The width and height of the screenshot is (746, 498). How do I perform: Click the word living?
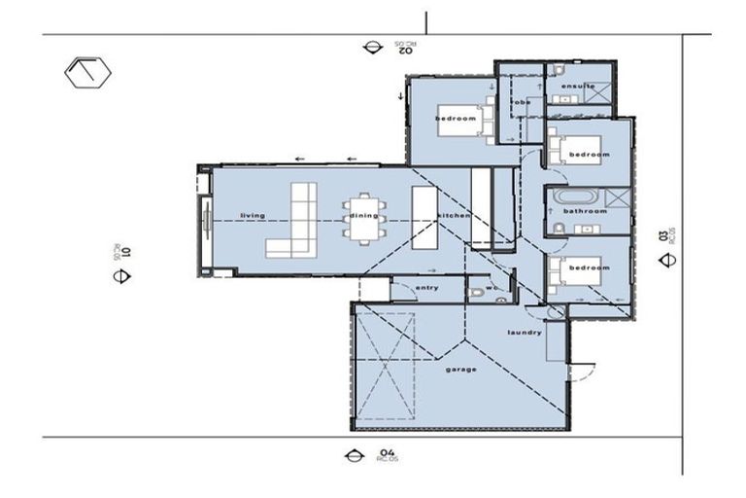[x=253, y=215]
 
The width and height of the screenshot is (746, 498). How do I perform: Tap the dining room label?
[x=364, y=215]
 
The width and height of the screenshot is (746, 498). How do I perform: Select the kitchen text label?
[x=454, y=215]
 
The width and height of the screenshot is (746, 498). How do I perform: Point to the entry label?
[x=426, y=288]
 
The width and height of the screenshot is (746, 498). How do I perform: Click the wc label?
[x=492, y=288]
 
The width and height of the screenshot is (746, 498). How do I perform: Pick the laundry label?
[x=524, y=333]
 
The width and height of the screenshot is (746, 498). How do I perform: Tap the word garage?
[x=461, y=370]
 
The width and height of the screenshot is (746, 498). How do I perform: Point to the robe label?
[x=522, y=102]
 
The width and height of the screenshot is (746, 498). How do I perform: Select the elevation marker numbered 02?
[x=370, y=46]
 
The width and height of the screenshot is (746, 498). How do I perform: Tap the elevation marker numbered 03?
[x=666, y=260]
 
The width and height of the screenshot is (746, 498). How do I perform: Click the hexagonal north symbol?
[x=88, y=73]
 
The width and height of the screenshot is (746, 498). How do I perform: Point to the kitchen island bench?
[x=424, y=216]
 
